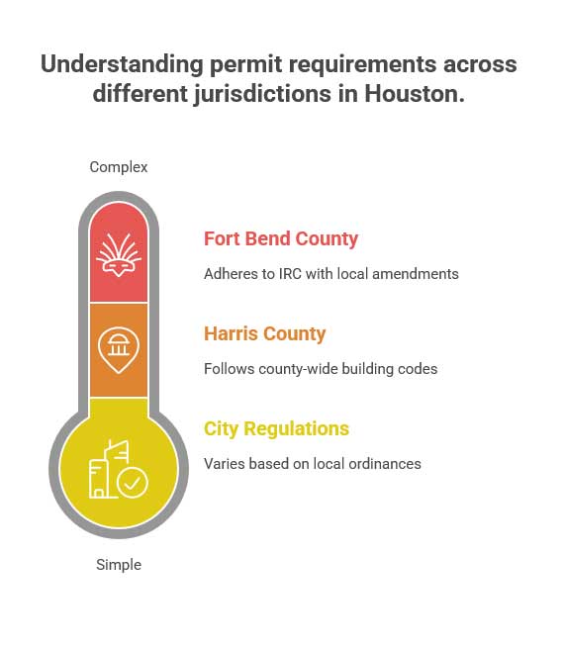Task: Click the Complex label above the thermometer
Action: [119, 167]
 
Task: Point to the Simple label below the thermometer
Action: [119, 565]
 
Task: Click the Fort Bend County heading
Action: [281, 238]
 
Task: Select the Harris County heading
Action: [265, 333]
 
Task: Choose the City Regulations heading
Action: [276, 428]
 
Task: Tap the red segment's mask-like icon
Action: [119, 253]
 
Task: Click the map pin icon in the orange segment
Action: [119, 349]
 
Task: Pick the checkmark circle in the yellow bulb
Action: [132, 483]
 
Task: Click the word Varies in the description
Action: [224, 464]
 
